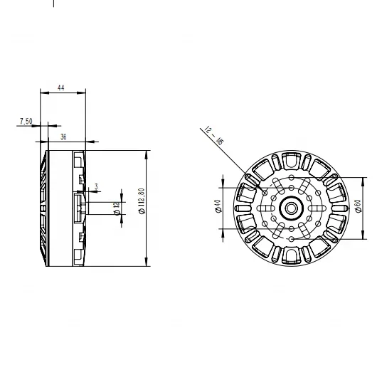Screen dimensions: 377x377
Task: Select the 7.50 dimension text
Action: click(x=25, y=122)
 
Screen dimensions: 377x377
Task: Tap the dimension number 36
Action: click(x=64, y=136)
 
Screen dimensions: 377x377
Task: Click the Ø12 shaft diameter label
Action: click(x=116, y=208)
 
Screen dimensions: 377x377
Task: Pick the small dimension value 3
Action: click(x=97, y=186)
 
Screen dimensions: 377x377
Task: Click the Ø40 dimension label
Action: click(x=216, y=207)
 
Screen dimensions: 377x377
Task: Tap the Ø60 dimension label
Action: click(x=356, y=207)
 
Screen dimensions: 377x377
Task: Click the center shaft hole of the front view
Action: click(x=292, y=208)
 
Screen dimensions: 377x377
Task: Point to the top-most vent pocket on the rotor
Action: click(x=292, y=161)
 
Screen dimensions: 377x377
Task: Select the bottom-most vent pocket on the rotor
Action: click(x=292, y=255)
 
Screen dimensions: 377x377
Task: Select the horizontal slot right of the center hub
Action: click(x=317, y=208)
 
